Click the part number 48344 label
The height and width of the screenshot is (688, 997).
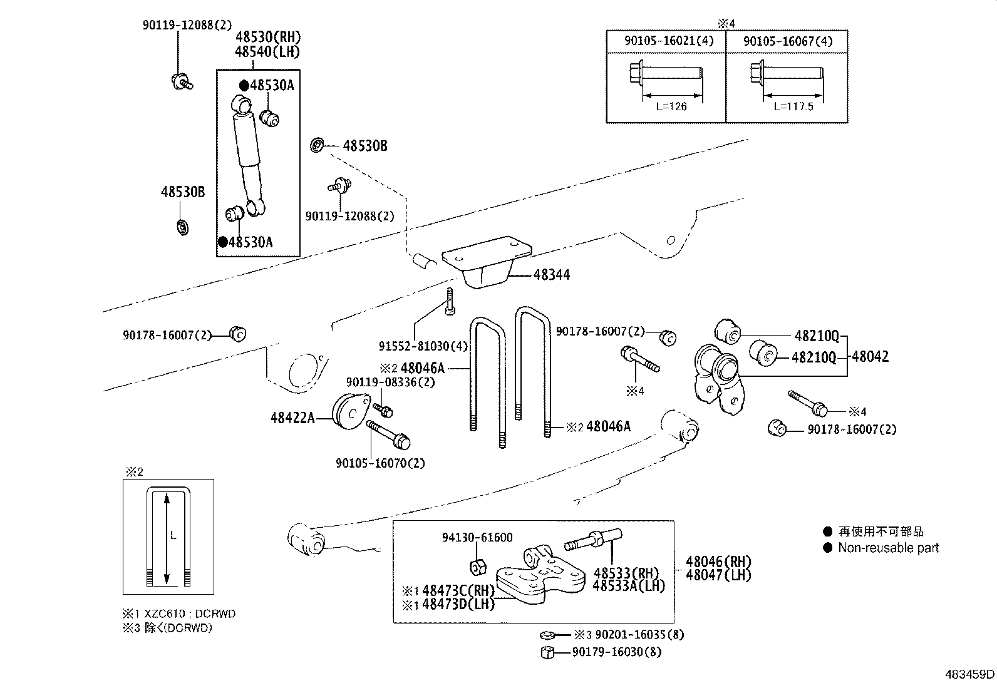click(x=551, y=275)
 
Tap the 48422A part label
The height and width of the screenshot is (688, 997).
click(x=292, y=418)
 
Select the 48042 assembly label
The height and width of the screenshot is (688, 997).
click(x=870, y=357)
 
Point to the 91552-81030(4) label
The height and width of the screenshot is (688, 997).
click(x=423, y=346)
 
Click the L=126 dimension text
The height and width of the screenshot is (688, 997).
click(x=671, y=106)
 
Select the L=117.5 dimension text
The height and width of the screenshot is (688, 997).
click(x=793, y=106)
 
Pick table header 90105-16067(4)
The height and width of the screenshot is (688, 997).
click(x=787, y=41)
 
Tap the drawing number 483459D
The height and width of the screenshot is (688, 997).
click(x=969, y=674)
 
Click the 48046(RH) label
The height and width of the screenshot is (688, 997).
click(x=718, y=562)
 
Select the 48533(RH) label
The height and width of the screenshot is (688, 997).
click(x=626, y=573)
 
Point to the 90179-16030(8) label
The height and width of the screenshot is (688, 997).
click(x=616, y=652)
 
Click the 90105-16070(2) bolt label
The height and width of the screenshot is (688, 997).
click(x=380, y=463)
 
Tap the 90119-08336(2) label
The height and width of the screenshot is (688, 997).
click(x=390, y=382)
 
